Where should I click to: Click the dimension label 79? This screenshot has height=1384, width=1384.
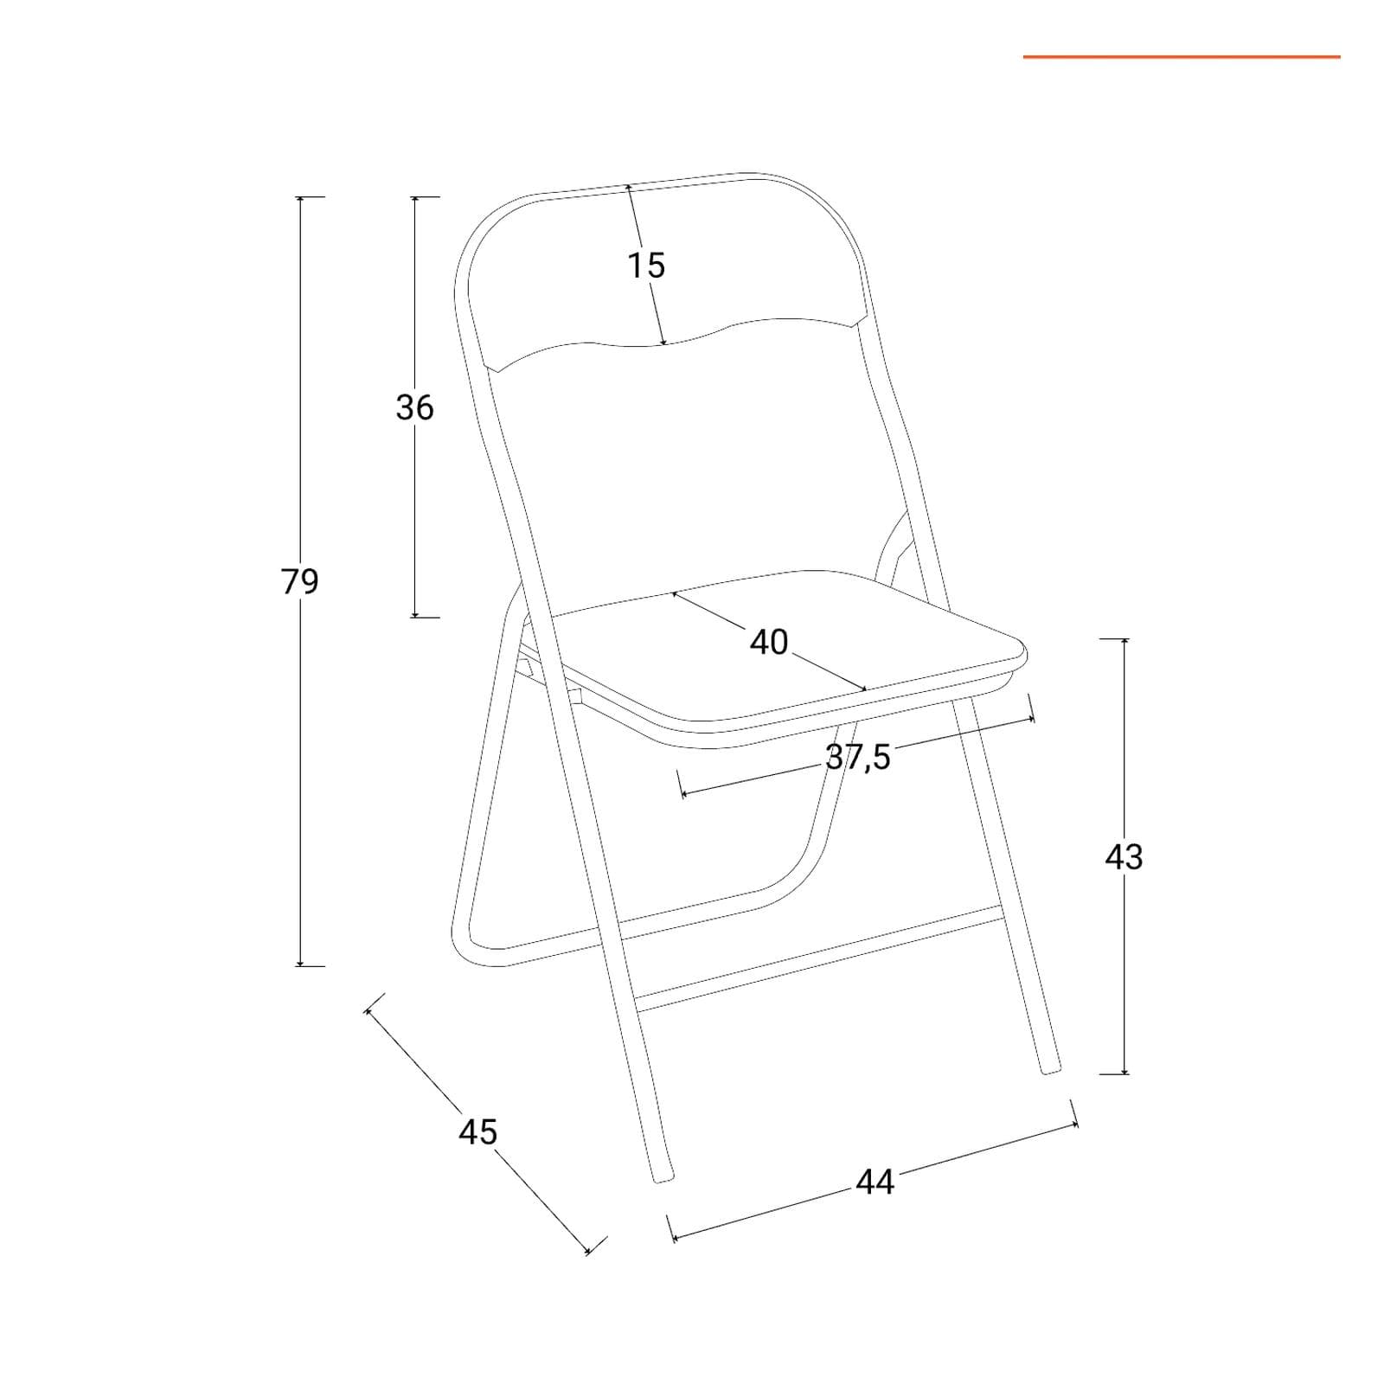(x=300, y=581)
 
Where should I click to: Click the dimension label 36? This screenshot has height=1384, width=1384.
(x=414, y=407)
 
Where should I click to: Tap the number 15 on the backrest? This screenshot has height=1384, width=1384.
(x=645, y=266)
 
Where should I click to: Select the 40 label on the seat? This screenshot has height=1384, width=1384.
(x=769, y=642)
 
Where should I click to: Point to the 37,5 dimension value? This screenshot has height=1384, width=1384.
(x=858, y=757)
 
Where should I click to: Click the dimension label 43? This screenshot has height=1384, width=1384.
(x=1124, y=856)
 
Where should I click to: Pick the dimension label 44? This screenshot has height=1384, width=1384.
(x=875, y=1182)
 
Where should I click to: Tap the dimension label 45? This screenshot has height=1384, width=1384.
(x=478, y=1131)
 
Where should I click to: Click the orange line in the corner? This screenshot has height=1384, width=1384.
(x=1182, y=57)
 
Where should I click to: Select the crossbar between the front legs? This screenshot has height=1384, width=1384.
(x=817, y=958)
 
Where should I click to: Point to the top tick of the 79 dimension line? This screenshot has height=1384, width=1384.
(x=300, y=197)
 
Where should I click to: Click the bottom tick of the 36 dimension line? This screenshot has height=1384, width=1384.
(x=414, y=617)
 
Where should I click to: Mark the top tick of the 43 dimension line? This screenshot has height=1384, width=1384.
(x=1124, y=639)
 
